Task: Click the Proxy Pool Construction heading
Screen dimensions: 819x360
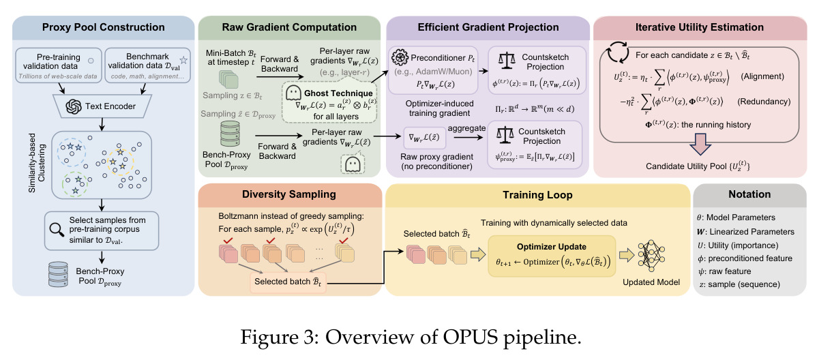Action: click(103, 27)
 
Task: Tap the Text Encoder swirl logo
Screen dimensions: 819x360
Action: click(74, 106)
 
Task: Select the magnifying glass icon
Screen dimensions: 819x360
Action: click(57, 230)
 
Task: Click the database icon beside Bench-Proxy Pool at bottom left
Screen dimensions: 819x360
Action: click(58, 273)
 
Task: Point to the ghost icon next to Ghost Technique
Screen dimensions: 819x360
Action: click(293, 93)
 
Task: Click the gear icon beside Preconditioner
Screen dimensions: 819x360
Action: click(400, 57)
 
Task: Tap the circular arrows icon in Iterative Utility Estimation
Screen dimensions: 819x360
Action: click(618, 52)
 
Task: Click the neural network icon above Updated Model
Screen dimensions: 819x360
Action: click(651, 256)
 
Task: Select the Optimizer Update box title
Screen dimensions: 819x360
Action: click(552, 247)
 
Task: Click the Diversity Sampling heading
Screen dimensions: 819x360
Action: click(289, 194)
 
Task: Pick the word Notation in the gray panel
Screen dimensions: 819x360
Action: click(749, 194)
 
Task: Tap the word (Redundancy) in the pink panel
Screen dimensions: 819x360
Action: click(764, 102)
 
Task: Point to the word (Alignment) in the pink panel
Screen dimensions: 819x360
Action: click(762, 76)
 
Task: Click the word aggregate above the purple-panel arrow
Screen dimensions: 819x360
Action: click(466, 128)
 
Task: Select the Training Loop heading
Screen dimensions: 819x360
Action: click(537, 195)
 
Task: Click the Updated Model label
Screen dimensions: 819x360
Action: click(651, 282)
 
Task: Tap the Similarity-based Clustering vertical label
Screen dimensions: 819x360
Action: click(37, 163)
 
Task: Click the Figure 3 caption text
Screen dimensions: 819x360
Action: click(411, 337)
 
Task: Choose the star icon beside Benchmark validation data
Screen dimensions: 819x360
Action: click(183, 60)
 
